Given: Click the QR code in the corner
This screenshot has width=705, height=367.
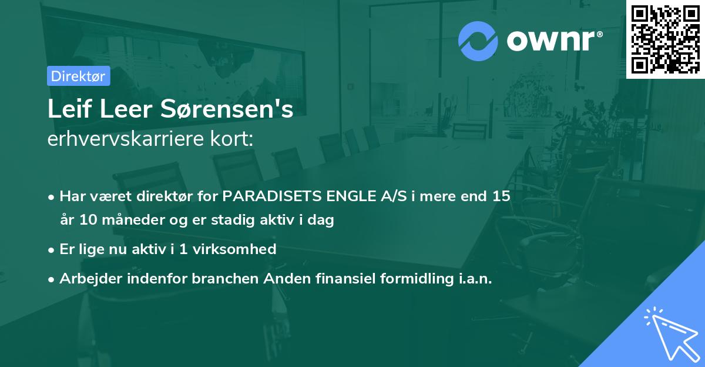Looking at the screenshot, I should [x=666, y=39].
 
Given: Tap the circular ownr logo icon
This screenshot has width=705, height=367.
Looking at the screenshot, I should [x=478, y=41].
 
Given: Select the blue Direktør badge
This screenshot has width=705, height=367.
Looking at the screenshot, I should [x=78, y=76].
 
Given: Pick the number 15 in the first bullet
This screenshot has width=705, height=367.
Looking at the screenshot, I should [x=501, y=196].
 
